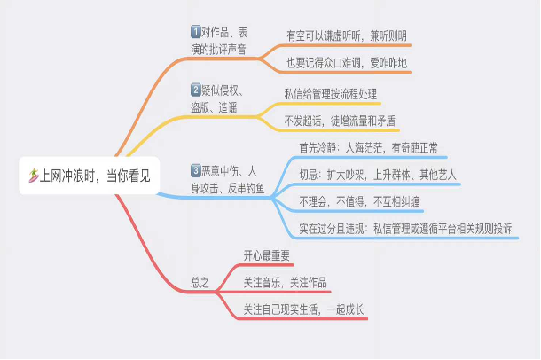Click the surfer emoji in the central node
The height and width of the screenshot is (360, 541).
coord(34,176)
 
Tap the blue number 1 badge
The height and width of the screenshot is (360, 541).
coord(196,32)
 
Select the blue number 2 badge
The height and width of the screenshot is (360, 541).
coord(196,90)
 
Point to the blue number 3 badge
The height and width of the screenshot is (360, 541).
coord(196,170)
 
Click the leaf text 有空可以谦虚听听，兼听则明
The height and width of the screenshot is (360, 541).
coord(347,35)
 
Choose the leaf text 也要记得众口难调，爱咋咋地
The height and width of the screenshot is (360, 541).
coord(347,63)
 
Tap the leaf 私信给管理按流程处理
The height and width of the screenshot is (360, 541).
coord(331,94)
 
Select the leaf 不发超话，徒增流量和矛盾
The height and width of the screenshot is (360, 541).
coord(340,121)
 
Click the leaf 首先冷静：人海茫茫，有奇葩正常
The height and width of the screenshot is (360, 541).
coord(368,148)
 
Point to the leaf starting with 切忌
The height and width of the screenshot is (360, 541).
coord(378,175)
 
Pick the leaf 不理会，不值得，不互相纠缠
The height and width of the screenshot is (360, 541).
coord(359,202)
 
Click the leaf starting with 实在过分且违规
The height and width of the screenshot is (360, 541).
coord(405,229)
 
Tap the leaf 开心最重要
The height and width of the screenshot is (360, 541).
coord(266,255)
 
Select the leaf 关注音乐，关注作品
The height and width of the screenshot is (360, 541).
coord(285,283)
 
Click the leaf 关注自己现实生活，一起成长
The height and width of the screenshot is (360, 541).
coord(303,309)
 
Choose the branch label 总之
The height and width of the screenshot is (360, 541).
coord(200,283)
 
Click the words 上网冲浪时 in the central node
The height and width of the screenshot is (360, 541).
coord(67,176)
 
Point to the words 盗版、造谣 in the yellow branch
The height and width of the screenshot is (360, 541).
coord(214,107)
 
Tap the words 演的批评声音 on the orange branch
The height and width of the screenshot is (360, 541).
coord(218,50)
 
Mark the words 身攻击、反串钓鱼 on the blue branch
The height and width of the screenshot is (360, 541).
coord(228,188)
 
